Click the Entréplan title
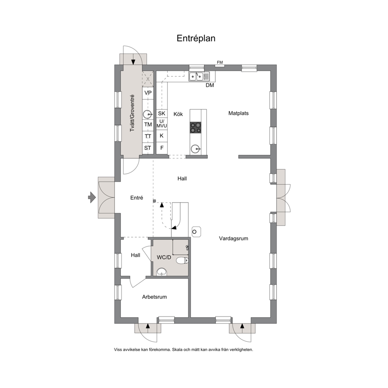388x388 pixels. pos(196,38)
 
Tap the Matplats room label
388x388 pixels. pos(238,113)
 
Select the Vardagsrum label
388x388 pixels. pos(234,239)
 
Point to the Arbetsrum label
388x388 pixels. pos(154,297)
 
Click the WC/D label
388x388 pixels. pos(164,257)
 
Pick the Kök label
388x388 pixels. pos(178,114)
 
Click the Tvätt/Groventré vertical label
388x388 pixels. pos(132,113)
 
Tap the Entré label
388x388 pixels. pos(137,198)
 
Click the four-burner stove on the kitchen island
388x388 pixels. pos(196,128)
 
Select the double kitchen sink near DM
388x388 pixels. pos(199,76)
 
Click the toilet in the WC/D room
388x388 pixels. pos(183,260)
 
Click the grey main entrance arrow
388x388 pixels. pos(92,198)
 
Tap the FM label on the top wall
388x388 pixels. pos(220,62)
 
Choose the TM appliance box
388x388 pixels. pos(148,125)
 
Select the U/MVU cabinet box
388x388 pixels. pos(162,124)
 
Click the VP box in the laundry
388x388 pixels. pos(148,93)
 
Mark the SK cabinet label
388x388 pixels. pos(162,113)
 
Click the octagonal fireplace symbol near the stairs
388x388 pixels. pos(196,232)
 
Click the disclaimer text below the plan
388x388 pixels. pos(183,350)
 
